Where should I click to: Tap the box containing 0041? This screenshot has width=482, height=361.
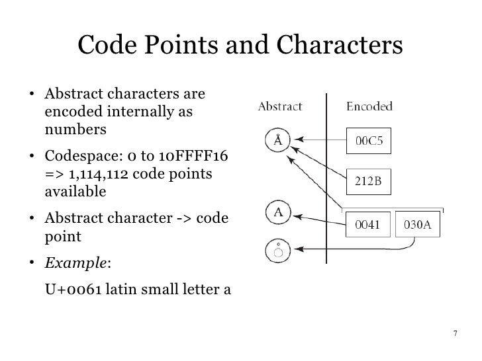(366, 225)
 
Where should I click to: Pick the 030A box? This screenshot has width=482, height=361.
(417, 225)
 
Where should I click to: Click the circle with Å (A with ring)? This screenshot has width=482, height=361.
(278, 140)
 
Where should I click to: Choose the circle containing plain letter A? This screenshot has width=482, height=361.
(279, 213)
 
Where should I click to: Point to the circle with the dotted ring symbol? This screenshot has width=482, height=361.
(278, 250)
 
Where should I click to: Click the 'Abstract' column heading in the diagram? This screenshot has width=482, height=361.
(279, 106)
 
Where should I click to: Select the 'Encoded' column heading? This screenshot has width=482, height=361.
(369, 106)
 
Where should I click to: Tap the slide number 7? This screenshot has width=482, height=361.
(455, 333)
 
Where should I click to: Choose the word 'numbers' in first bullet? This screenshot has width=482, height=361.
(74, 129)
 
